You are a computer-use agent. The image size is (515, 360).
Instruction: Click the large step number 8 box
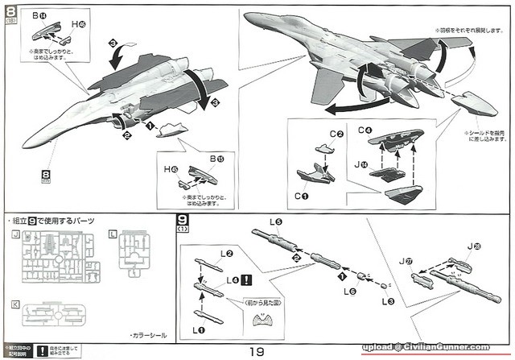tap(11, 11)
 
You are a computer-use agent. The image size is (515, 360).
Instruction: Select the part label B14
tap(39, 16)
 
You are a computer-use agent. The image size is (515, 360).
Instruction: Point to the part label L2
tap(228, 254)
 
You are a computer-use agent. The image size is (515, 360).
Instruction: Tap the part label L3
tap(388, 302)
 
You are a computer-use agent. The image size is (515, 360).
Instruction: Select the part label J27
tap(407, 261)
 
